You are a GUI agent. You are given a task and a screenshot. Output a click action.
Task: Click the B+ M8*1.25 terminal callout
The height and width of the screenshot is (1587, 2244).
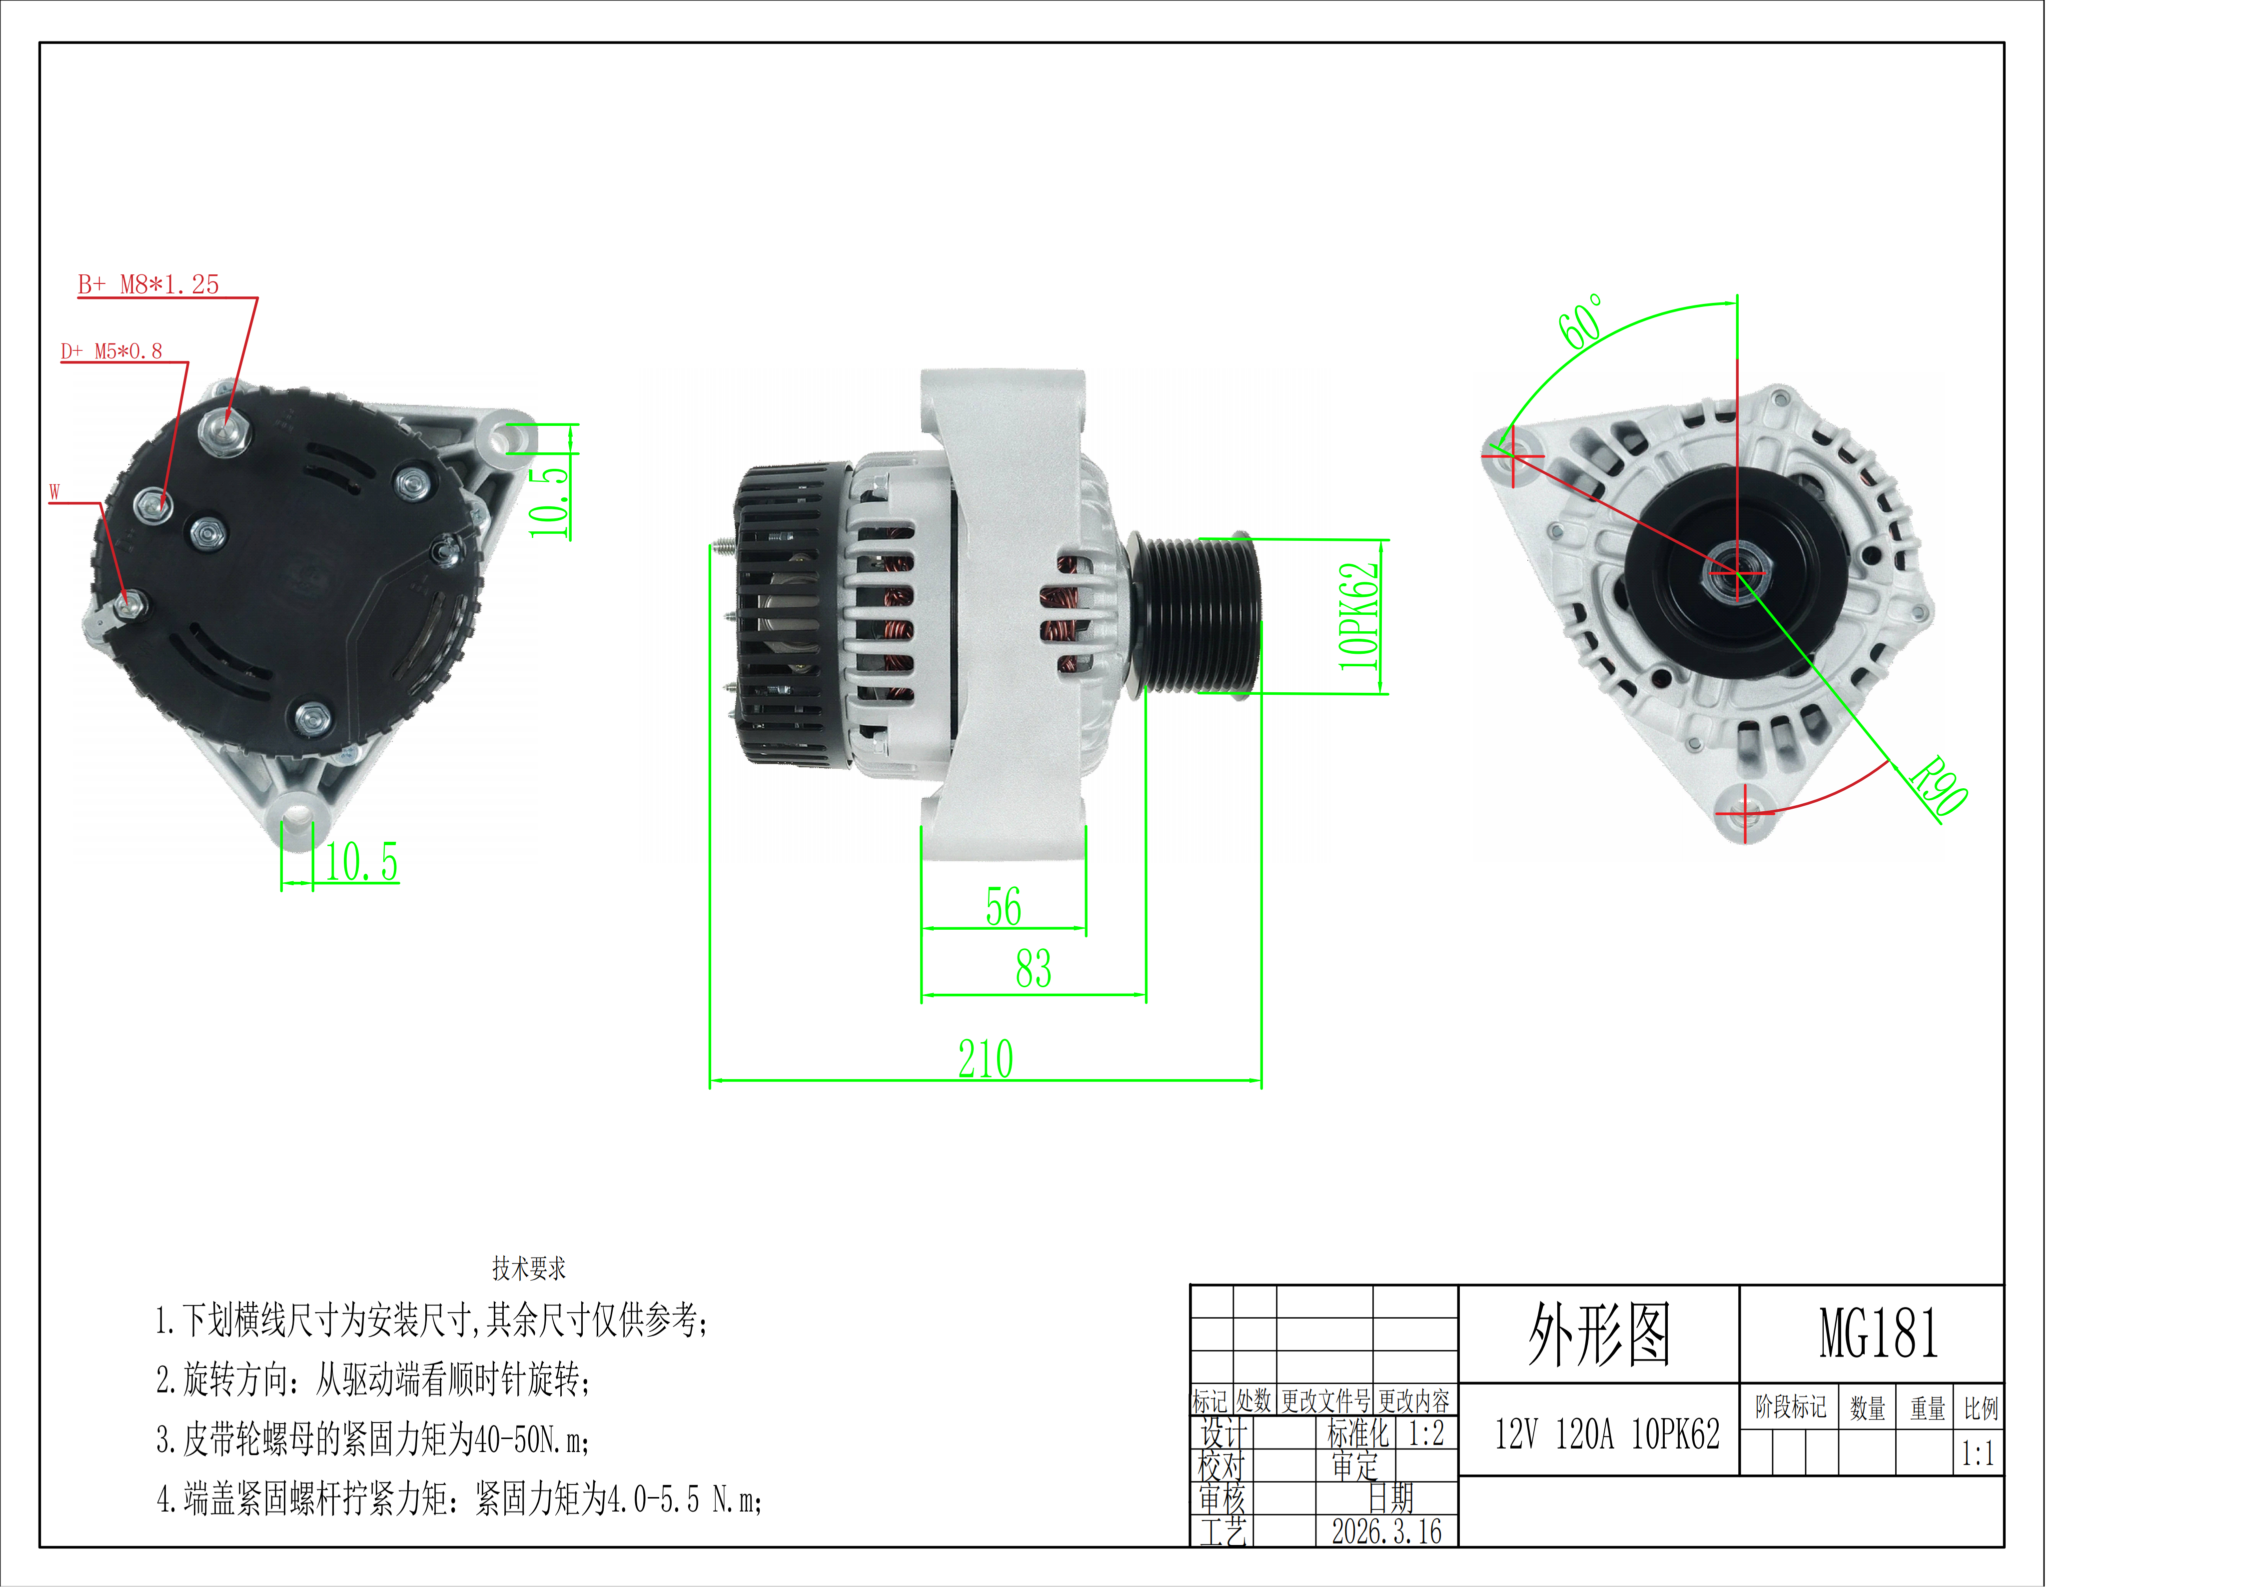point(148,284)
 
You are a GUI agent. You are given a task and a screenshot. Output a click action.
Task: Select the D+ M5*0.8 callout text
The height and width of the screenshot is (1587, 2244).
point(111,351)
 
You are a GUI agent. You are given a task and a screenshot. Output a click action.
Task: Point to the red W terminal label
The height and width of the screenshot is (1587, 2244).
point(55,491)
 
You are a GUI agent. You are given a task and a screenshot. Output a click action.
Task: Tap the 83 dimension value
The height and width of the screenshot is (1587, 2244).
point(1033,968)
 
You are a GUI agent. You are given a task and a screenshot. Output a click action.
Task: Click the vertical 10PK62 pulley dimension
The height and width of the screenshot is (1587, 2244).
point(1358,617)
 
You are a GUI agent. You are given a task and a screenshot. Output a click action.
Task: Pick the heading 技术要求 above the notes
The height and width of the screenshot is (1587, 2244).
point(529,1269)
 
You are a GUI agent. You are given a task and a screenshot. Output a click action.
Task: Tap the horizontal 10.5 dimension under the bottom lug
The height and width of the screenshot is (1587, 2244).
point(362,862)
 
